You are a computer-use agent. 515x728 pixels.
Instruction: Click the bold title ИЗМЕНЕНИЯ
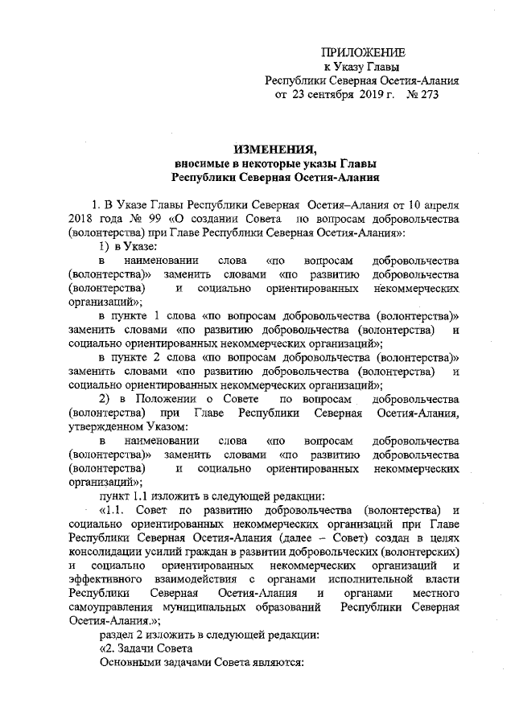click(274, 148)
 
